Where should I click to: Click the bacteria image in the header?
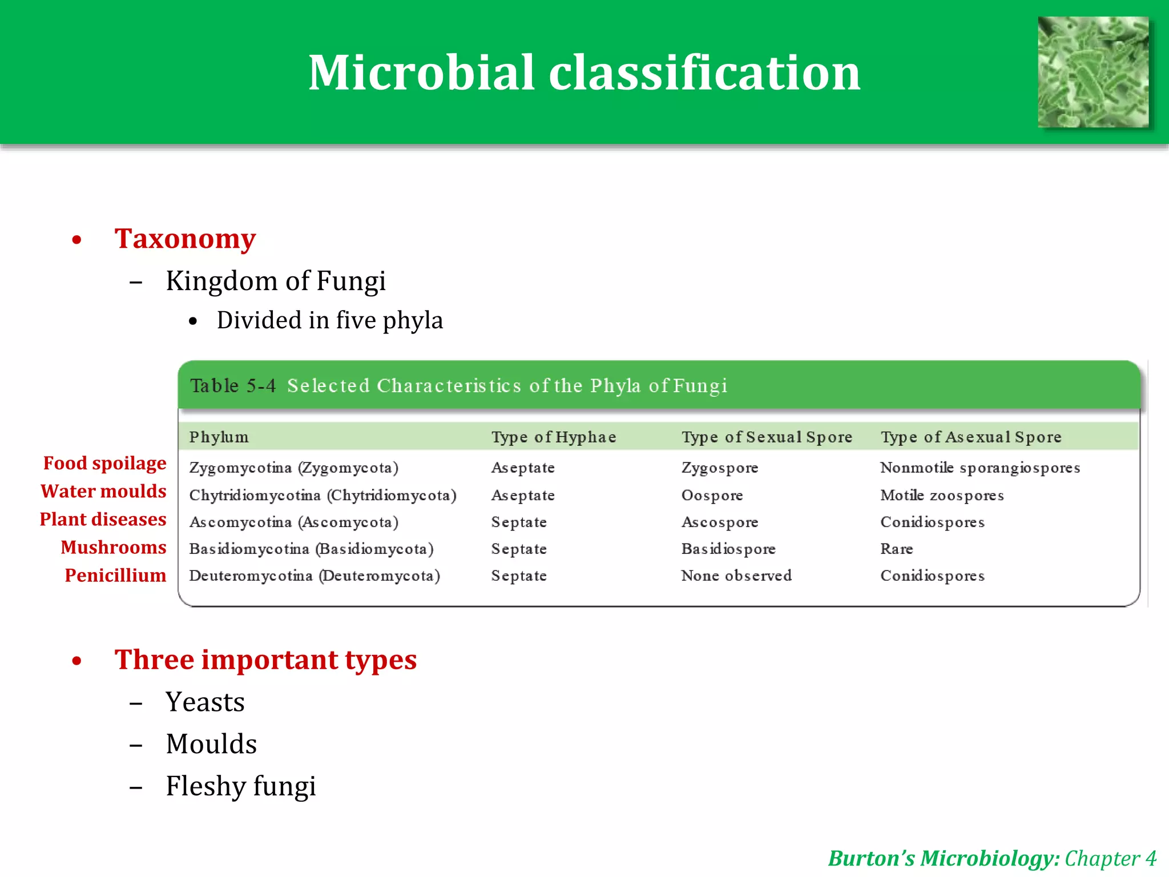click(1093, 72)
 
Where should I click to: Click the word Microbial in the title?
click(421, 73)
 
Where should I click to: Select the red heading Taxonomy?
click(185, 239)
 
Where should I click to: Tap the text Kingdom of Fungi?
click(276, 281)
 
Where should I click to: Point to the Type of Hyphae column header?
click(554, 437)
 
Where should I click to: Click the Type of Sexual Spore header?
click(767, 437)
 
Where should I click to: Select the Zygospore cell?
click(719, 468)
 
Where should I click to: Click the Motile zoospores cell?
click(942, 496)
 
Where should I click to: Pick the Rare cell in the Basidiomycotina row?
click(896, 549)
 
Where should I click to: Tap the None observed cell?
click(736, 576)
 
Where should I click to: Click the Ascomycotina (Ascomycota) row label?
click(293, 522)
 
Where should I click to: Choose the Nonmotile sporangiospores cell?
click(979, 468)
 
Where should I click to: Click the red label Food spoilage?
click(104, 464)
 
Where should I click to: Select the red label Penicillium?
click(115, 576)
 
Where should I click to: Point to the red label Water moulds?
click(103, 492)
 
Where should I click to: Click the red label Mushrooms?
click(114, 548)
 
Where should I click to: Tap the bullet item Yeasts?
click(205, 702)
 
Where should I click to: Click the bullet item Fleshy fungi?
click(240, 786)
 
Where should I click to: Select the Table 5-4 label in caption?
click(233, 386)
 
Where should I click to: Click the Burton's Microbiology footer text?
click(944, 859)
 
